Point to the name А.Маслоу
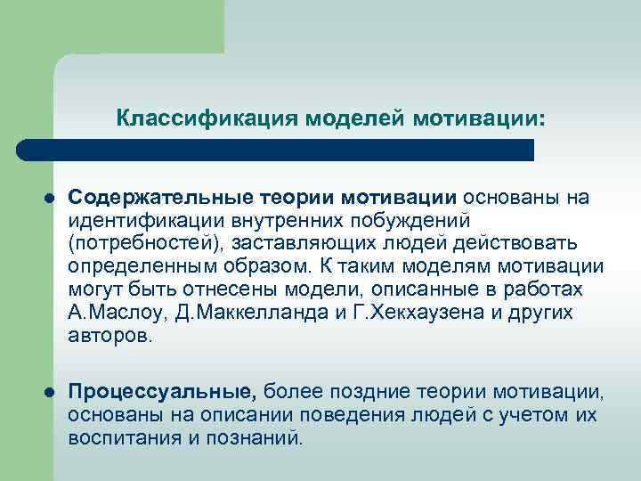click(x=110, y=313)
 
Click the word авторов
click(x=110, y=336)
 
